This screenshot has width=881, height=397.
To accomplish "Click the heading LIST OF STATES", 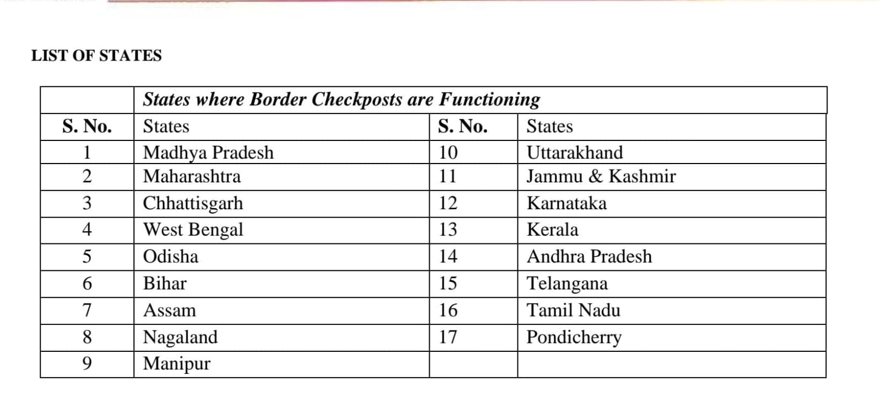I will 96,56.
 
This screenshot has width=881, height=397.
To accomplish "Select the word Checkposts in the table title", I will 357,100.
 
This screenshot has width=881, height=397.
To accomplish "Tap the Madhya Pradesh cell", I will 208,153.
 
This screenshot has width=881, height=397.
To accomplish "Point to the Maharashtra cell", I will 192,177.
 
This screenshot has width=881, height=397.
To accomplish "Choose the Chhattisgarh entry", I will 193,203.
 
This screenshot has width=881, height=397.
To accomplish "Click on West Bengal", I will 193,230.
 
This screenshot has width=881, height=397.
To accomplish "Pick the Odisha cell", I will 171,257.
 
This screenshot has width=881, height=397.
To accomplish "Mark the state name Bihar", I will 165,284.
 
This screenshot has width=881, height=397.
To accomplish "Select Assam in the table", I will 170,311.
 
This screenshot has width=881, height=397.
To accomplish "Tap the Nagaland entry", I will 180,337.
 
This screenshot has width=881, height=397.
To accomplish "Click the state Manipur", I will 176,364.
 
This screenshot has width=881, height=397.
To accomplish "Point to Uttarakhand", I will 575,153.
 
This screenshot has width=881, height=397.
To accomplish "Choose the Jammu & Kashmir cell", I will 601,177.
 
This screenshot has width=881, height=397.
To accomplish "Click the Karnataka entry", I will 566,203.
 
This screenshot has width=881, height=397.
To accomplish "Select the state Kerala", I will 553,230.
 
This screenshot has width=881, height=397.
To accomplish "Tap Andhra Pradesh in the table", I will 589,257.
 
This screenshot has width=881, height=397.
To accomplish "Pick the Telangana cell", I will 567,284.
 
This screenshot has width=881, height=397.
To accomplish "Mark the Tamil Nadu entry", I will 574,311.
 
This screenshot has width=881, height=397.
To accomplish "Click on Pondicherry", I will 574,337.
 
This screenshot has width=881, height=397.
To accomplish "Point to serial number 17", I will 448,337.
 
